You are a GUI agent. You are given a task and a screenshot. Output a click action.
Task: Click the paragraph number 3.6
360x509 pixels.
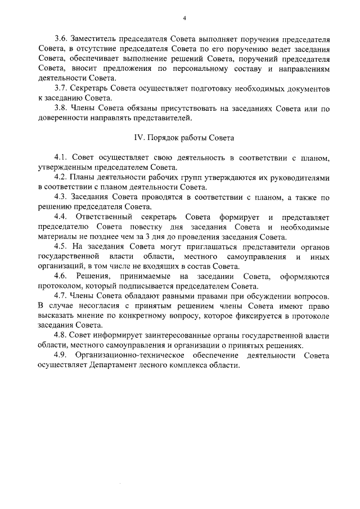click(60, 39)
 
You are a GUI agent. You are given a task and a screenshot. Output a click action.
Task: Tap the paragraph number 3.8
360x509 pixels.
click(60, 109)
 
